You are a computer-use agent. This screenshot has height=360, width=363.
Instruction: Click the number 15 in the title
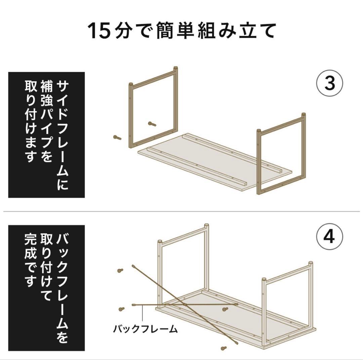[x=99, y=31]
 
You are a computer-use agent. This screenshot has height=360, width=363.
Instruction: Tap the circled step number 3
[x=330, y=83]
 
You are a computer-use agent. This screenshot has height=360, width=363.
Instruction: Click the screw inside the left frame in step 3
[x=152, y=124]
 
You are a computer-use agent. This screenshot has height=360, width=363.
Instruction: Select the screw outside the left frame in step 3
[x=117, y=137]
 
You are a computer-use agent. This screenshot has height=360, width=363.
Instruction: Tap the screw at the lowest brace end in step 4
[x=223, y=348]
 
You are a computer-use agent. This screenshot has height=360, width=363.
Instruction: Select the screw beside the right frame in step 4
[x=225, y=309]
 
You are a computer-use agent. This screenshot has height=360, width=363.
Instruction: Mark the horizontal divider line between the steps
[x=182, y=211]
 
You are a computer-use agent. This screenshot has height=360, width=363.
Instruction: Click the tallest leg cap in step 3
[x=175, y=69]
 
